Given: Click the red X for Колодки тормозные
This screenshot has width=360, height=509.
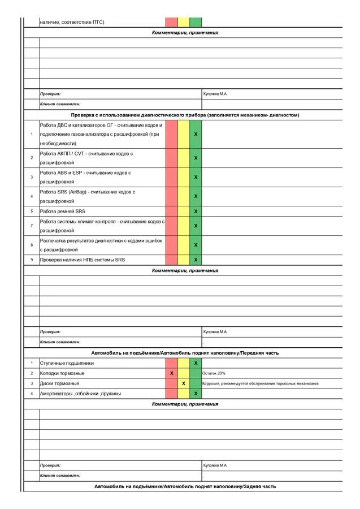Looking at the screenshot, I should (x=171, y=373).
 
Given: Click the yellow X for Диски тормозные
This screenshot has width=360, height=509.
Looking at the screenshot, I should (x=184, y=383).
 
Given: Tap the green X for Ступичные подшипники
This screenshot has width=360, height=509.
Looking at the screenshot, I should (x=196, y=363).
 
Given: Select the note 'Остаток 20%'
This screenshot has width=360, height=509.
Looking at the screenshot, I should (x=214, y=373).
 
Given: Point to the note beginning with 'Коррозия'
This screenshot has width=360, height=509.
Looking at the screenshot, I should (x=260, y=383).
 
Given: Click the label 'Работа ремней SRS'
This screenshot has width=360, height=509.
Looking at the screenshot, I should (x=62, y=211).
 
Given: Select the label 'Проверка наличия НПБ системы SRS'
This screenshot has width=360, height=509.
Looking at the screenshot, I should (x=82, y=260).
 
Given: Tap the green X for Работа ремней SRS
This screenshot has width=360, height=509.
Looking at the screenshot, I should (x=196, y=211).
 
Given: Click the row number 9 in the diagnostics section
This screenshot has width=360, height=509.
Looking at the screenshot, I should (x=32, y=260).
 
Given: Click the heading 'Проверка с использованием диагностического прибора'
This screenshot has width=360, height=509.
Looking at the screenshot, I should (x=189, y=115).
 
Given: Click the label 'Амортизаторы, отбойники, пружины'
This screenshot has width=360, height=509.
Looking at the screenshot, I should (x=80, y=394).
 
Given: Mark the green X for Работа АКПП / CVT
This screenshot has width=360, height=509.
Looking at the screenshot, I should (x=196, y=158).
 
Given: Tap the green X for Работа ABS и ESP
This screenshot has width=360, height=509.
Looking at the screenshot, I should (x=196, y=177).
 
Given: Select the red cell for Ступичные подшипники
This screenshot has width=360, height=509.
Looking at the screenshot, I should (x=171, y=363).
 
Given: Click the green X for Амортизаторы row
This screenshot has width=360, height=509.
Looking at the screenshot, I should (x=196, y=394).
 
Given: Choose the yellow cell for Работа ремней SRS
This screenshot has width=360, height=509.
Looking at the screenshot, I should (x=184, y=211).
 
